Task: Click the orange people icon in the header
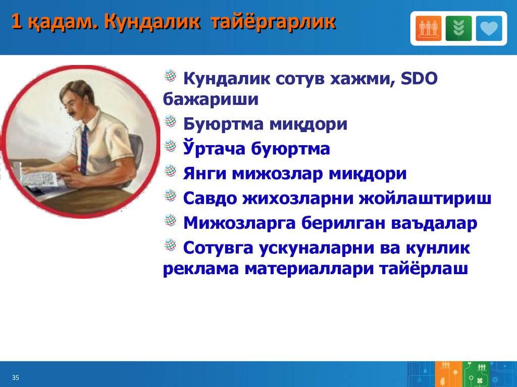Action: click(x=428, y=28)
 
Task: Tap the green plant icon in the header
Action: click(x=458, y=28)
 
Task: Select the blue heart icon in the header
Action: click(x=489, y=28)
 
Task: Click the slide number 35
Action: click(x=16, y=377)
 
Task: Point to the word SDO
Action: click(x=419, y=79)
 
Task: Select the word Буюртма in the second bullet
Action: click(x=223, y=124)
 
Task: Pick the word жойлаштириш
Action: click(x=425, y=199)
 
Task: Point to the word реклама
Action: click(x=201, y=269)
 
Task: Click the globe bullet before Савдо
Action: click(x=170, y=195)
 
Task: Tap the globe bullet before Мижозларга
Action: click(x=170, y=220)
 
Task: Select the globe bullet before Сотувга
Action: click(x=170, y=244)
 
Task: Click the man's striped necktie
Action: click(x=84, y=150)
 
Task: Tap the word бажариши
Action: click(x=211, y=100)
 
